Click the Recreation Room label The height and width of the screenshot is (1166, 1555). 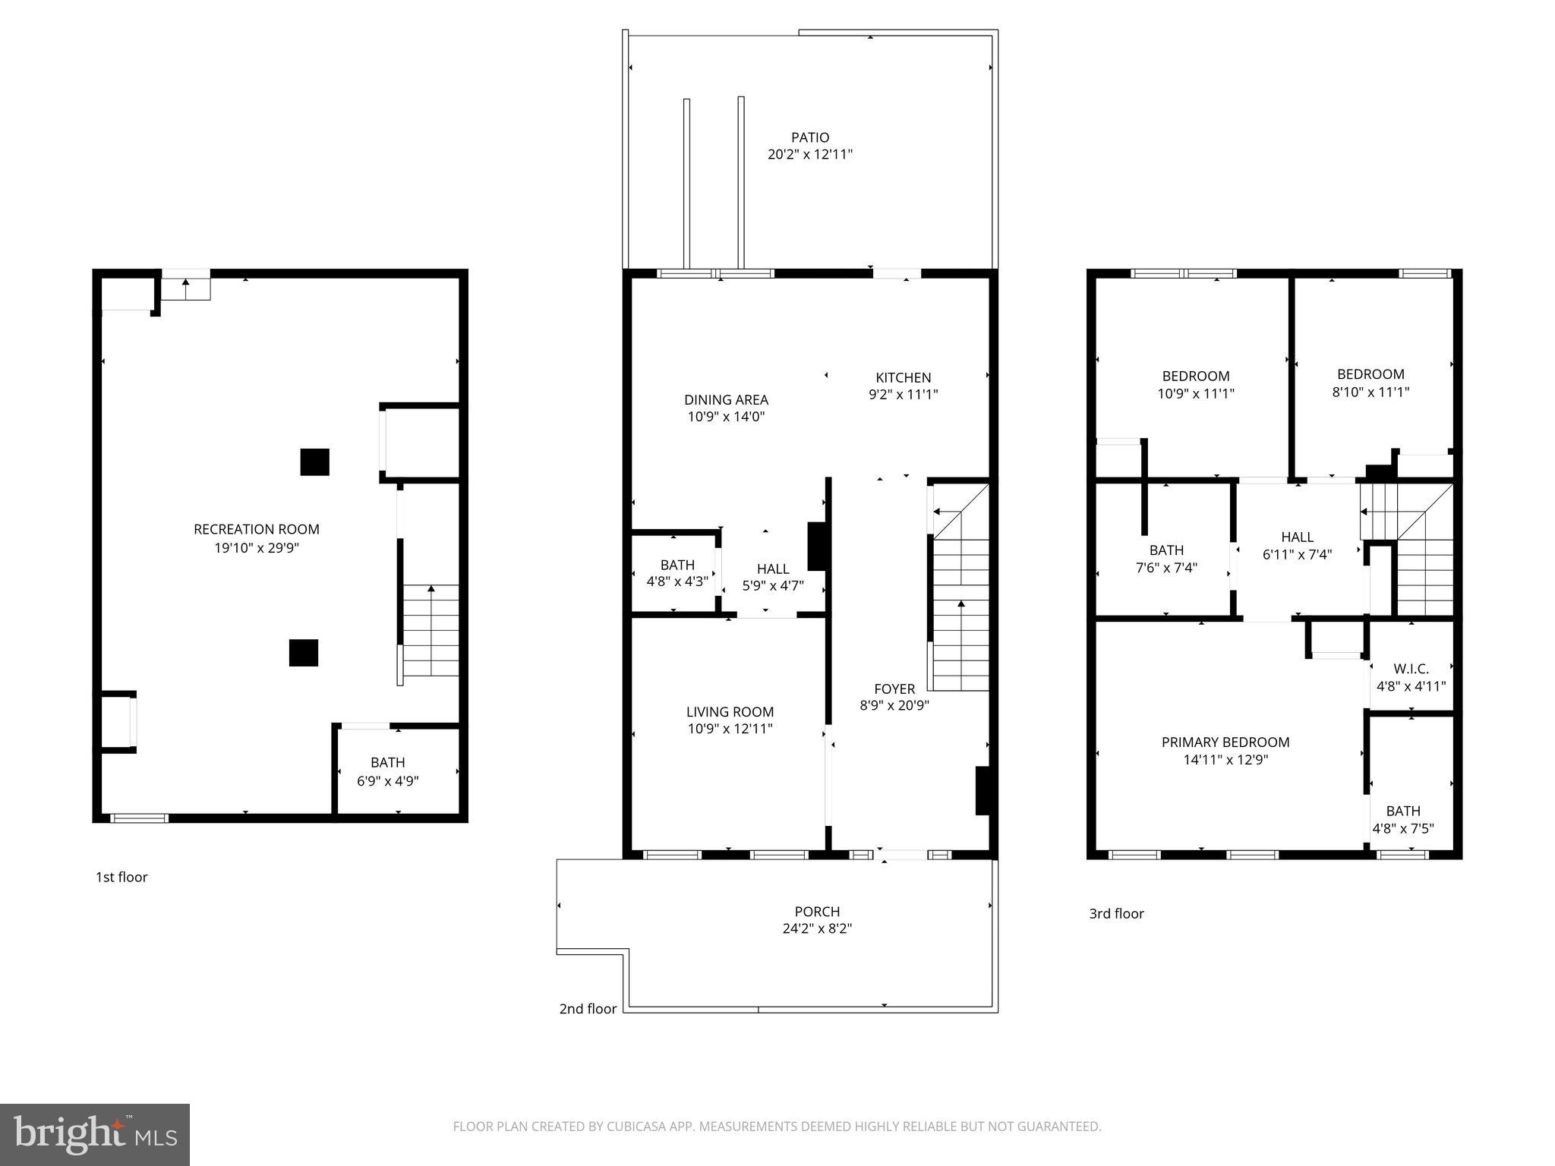(x=257, y=529)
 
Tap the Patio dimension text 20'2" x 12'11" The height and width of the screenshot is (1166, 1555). (x=810, y=154)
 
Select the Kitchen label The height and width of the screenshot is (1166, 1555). (x=903, y=377)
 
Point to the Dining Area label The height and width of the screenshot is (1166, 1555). (x=726, y=399)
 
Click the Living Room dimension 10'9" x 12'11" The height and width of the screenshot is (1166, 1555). (x=730, y=729)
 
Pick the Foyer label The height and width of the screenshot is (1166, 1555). (x=894, y=689)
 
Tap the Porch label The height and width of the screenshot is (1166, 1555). (x=817, y=911)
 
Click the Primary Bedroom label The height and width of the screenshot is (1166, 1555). (x=1225, y=742)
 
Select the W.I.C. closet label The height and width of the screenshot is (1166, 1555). (x=1411, y=669)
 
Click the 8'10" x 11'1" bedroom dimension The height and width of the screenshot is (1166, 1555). (x=1370, y=392)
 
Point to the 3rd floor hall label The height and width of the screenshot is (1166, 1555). (x=1297, y=537)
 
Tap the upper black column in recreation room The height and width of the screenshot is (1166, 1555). (x=314, y=462)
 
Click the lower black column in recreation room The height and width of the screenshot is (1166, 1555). (x=303, y=653)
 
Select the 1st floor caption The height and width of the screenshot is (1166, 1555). (x=121, y=877)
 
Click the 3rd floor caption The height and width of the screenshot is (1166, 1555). (x=1116, y=913)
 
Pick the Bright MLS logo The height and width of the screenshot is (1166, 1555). (x=95, y=1134)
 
